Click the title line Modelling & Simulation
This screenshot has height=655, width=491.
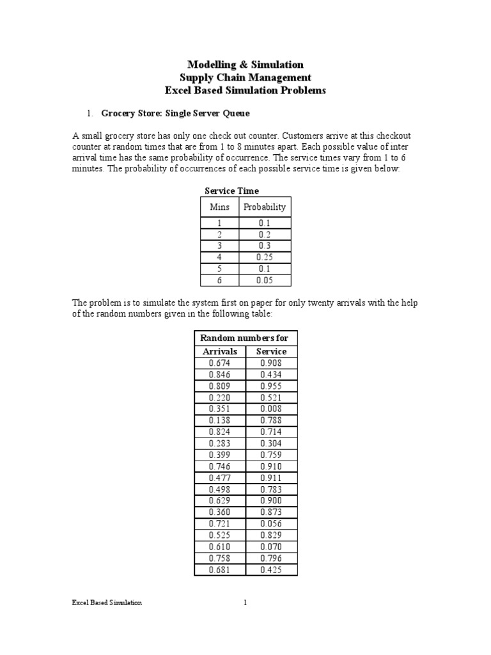pos(245,65)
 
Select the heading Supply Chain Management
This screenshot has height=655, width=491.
pos(245,77)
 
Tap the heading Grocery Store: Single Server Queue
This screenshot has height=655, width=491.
pos(175,113)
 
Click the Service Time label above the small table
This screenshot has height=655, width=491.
pos(231,191)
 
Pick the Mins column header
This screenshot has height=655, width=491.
pos(219,207)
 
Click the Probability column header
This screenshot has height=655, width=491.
pos(265,207)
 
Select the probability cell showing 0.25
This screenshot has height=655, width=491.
pos(265,257)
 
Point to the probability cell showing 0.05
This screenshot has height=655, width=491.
pos(265,280)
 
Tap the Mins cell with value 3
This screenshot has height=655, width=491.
pos(219,246)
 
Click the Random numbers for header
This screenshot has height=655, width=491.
pos(245,338)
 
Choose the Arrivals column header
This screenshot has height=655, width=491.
pos(219,351)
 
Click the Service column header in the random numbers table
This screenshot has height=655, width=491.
pos(271,351)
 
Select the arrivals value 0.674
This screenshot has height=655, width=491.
pos(219,363)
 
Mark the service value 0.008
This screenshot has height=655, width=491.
pos(271,409)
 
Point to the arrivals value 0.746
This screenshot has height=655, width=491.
pos(219,466)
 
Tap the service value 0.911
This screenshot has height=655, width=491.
pos(271,478)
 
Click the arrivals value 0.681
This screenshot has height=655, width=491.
pos(219,570)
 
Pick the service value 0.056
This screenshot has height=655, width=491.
pos(271,524)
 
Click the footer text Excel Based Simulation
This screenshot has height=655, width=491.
pos(106,603)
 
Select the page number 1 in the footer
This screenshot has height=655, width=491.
pos(245,603)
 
